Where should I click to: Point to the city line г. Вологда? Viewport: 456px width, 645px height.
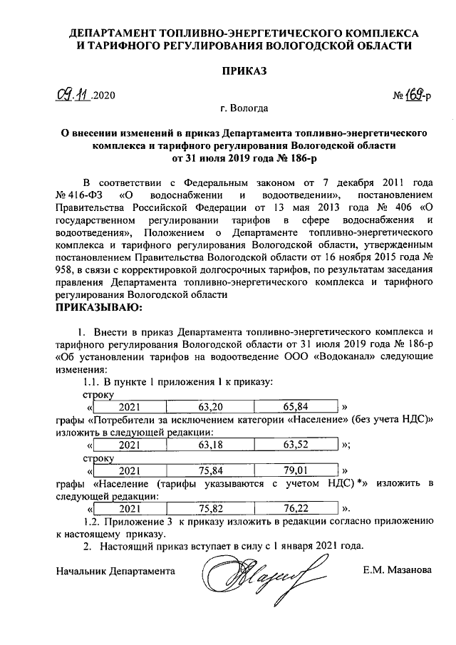[x=244, y=109]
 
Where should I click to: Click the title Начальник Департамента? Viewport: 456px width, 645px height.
[x=115, y=570]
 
